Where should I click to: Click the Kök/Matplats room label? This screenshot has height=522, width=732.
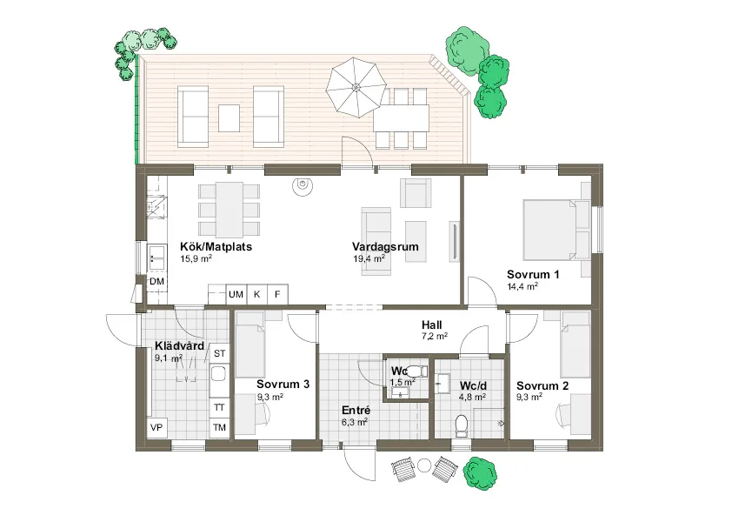click(215, 246)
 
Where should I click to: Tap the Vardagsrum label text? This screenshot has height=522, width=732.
click(385, 246)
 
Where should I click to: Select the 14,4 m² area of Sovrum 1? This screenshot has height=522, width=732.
click(522, 285)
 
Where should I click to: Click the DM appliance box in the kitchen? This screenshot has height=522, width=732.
click(156, 282)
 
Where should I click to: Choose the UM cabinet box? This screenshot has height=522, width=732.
click(236, 294)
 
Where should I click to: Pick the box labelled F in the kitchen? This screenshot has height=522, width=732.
click(277, 294)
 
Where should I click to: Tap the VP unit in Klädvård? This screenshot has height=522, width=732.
click(156, 428)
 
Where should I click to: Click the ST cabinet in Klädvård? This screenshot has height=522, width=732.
click(219, 353)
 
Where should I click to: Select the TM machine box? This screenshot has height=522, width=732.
click(219, 427)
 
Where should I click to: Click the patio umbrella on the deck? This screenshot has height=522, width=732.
click(356, 88)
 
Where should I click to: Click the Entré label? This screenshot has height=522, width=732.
click(356, 411)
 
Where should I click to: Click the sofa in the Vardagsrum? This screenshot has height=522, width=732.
click(378, 241)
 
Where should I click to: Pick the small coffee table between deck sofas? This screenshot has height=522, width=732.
click(230, 117)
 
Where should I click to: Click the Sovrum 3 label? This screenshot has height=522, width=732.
click(283, 384)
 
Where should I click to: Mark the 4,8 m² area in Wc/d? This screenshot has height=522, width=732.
click(470, 398)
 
